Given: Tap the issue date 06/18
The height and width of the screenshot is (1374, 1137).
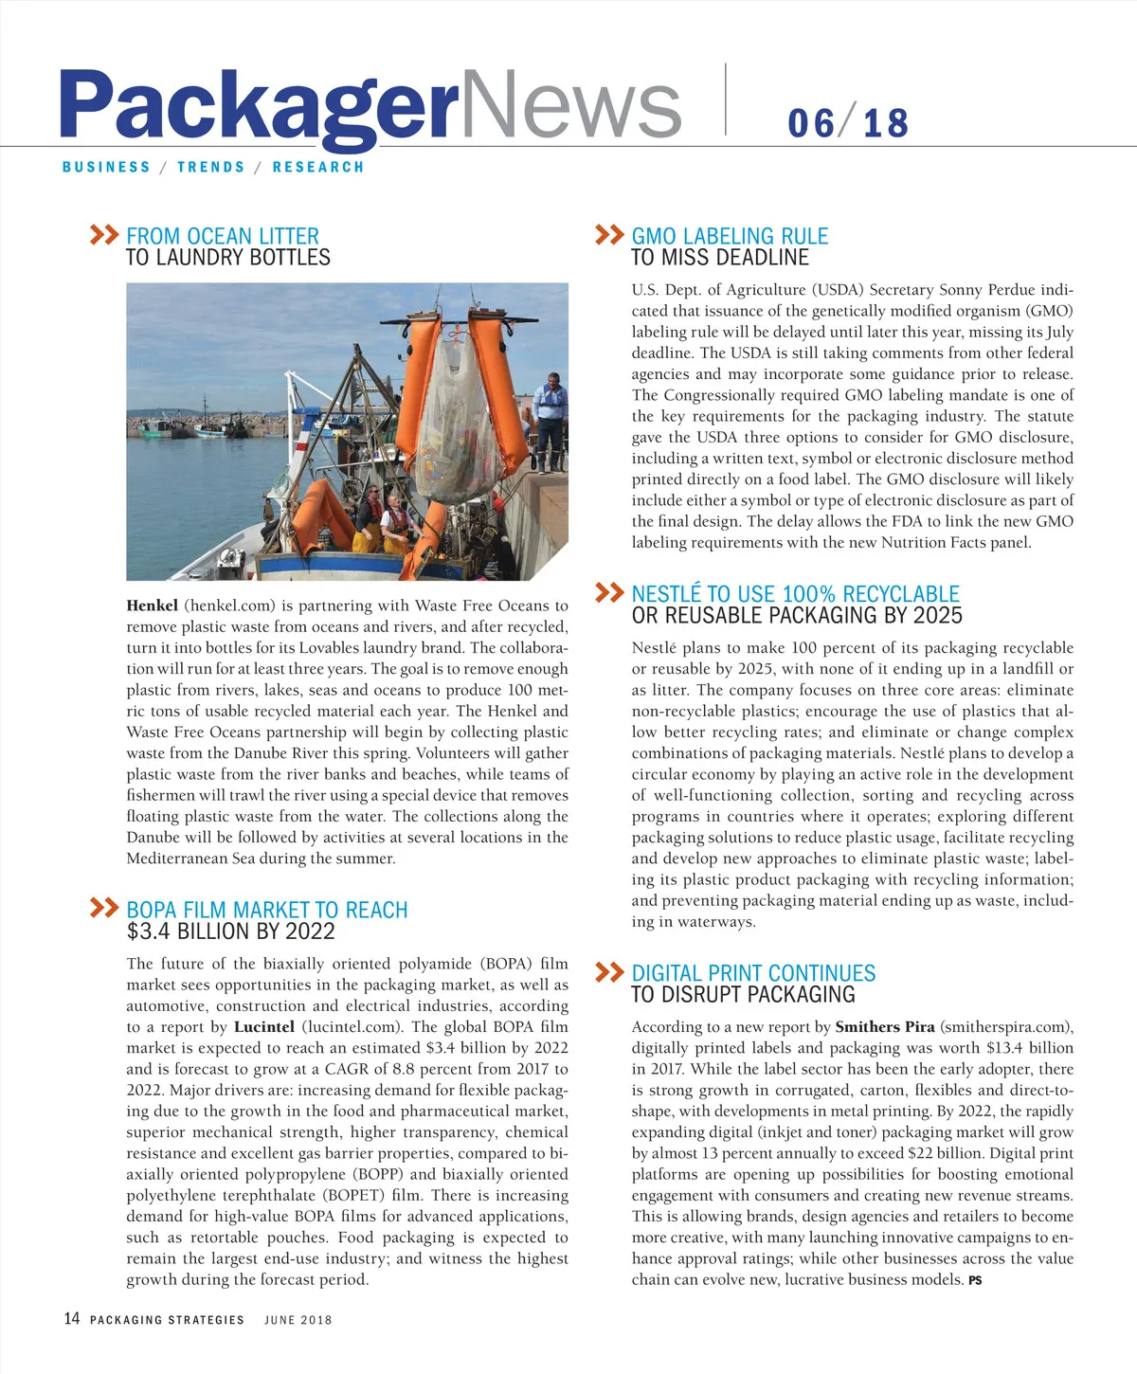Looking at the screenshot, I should click(848, 123).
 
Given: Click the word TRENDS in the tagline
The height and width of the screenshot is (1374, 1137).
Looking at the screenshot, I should click(211, 167).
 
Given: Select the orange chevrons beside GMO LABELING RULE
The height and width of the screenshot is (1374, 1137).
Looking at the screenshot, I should click(609, 235).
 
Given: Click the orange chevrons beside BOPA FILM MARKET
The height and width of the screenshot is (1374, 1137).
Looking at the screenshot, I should click(104, 908).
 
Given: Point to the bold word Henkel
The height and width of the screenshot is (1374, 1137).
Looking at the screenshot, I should click(152, 606).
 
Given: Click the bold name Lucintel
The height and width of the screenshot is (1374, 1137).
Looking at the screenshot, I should click(264, 1026).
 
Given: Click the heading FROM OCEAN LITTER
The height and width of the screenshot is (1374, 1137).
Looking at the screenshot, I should click(223, 236).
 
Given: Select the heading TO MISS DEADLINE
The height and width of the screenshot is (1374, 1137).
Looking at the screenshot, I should click(720, 258).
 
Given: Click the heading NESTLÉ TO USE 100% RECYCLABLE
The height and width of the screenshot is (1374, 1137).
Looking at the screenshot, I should click(795, 594).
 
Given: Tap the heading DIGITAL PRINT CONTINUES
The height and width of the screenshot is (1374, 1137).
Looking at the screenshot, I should click(753, 973).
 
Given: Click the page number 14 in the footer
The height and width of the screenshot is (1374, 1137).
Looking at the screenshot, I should click(72, 1319).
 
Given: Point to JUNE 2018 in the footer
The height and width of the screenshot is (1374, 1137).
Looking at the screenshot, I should click(298, 1320).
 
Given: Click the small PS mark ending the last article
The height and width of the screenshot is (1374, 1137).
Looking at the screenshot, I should click(975, 1280).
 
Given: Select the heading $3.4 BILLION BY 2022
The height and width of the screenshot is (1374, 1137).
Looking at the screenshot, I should click(230, 931).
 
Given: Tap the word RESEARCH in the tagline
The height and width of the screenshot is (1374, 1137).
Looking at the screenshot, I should click(318, 167).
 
